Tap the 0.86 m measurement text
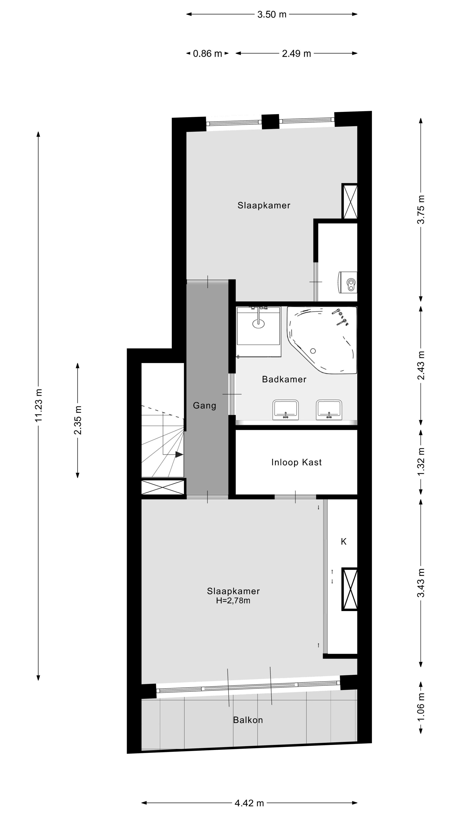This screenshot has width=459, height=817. tap(207, 54)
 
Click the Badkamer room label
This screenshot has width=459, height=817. tap(284, 379)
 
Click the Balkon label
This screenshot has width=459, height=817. tap(248, 720)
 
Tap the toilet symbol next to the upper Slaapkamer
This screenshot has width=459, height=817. tap(349, 282)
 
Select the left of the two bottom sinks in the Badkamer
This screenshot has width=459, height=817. tap(285, 410)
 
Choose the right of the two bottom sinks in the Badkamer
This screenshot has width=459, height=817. tap(329, 410)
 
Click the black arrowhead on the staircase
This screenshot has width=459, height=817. tap(179, 454)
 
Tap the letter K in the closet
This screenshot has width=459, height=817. tap(343, 542)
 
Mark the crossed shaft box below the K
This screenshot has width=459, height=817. tap(350, 589)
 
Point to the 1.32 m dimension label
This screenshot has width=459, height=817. tap(421, 462)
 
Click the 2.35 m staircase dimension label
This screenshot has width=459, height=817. tap(78, 420)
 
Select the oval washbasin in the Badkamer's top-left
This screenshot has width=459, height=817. tap(258, 323)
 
